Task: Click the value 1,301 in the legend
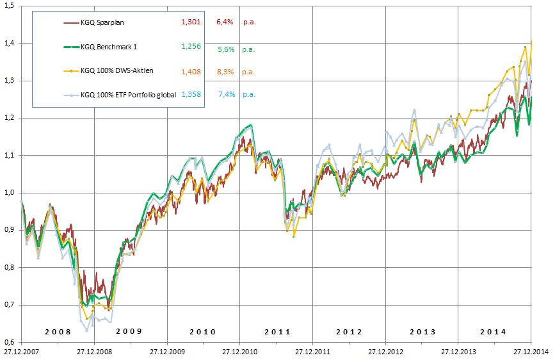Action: pos(191,23)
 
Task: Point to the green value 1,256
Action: pos(191,47)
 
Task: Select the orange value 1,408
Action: pos(191,71)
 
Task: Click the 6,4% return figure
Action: pos(225,23)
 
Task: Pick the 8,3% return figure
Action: pos(225,71)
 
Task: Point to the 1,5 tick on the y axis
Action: pos(10,6)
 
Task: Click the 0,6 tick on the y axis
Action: pos(10,341)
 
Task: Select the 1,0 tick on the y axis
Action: pos(10,192)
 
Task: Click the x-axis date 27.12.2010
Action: pos(239,352)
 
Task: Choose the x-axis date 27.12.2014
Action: pos(532,352)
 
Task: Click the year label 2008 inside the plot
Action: pos(58,332)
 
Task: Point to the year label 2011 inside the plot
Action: pos(277,332)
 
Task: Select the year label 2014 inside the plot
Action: pos(492,332)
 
